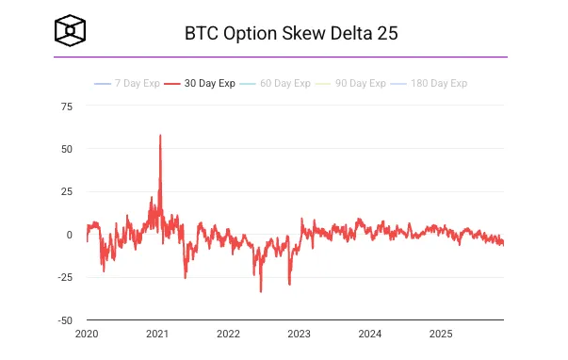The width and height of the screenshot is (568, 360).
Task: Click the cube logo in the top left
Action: [x=71, y=32]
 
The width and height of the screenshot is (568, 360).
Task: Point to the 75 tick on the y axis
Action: [x=66, y=106]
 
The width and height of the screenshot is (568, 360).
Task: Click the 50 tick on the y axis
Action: [x=66, y=149]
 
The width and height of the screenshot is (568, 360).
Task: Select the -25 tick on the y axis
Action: [x=64, y=277]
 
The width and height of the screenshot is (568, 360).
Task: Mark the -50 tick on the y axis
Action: [x=64, y=319]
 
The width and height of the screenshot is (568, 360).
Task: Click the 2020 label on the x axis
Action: [x=87, y=334]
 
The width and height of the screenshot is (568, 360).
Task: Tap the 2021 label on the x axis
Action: [x=157, y=334]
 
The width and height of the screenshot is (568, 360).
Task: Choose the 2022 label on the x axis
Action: [x=228, y=334]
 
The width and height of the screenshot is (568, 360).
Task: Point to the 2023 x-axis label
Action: [x=299, y=334]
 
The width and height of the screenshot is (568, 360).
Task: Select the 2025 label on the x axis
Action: [x=440, y=334]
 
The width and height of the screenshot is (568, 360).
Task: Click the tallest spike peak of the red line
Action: [x=160, y=135]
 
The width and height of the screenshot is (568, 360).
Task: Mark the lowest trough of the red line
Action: [x=261, y=291]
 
